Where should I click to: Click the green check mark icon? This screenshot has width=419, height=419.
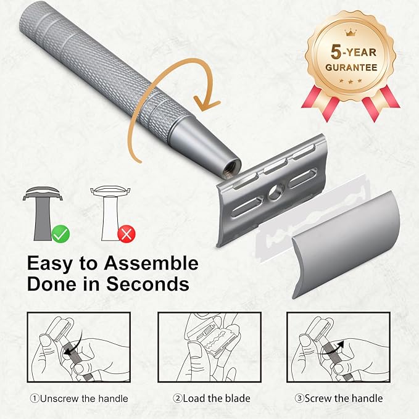60,233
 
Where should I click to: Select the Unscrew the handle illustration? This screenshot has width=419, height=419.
78,348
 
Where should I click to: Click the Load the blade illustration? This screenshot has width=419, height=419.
209,348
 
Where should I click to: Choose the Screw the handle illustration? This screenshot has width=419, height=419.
338,348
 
